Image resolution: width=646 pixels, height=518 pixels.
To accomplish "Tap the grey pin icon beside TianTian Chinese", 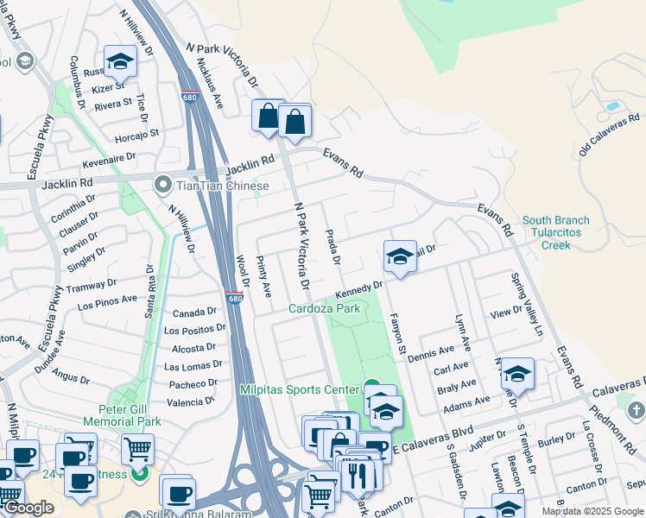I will click(161, 186).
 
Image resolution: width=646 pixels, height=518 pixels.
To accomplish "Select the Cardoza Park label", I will click(324, 308).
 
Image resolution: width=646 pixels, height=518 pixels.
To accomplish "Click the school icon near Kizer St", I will click(120, 62).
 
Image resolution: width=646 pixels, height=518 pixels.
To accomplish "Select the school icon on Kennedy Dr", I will click(400, 257).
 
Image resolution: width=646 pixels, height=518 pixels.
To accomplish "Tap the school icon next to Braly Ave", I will click(517, 375).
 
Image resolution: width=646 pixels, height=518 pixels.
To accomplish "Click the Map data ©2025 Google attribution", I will click(592, 511).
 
